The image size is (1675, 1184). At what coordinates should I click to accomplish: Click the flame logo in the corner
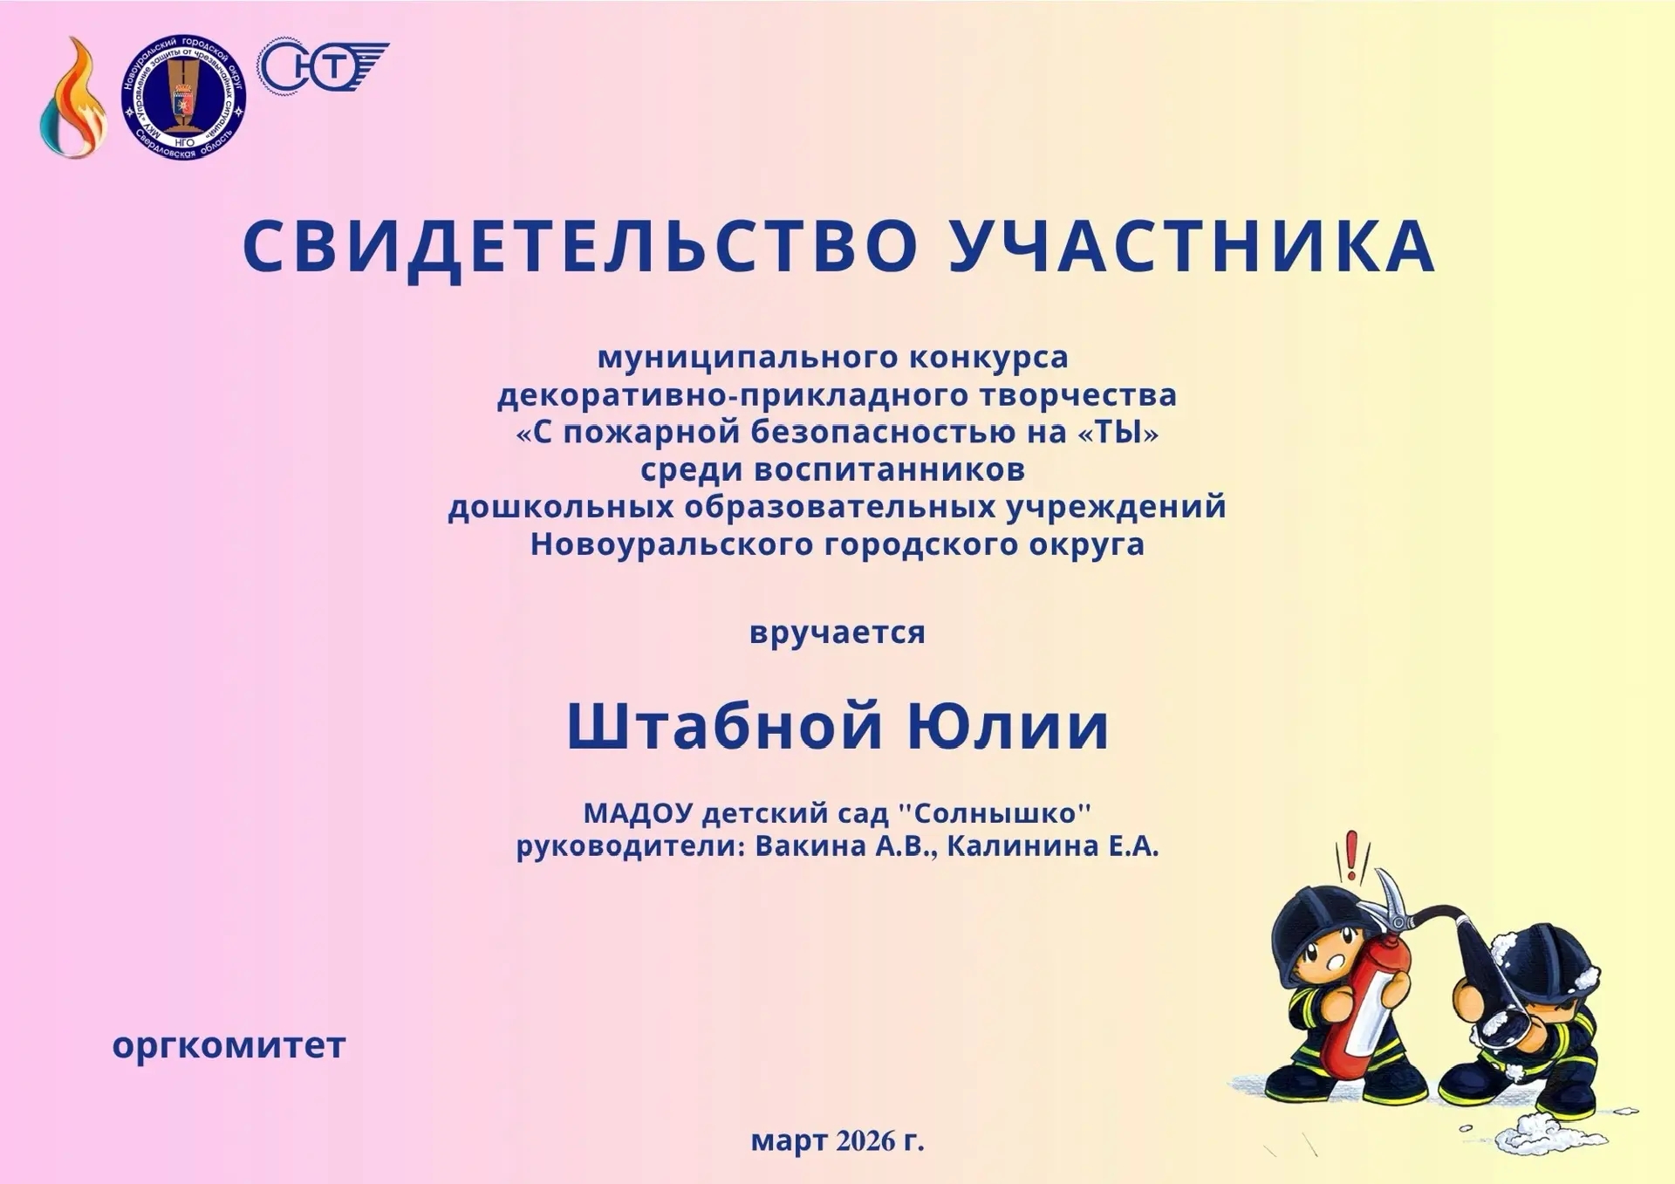[73, 99]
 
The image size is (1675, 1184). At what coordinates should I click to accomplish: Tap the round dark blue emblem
[183, 98]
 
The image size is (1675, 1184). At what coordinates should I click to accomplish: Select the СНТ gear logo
[322, 66]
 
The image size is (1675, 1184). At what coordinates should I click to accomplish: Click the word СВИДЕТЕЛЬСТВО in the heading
[580, 247]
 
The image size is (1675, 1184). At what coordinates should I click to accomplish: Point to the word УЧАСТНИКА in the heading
[1192, 245]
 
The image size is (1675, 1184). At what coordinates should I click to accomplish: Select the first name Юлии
[1008, 728]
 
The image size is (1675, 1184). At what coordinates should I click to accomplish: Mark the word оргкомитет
[229, 1045]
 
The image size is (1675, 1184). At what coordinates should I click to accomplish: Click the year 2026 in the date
[865, 1140]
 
